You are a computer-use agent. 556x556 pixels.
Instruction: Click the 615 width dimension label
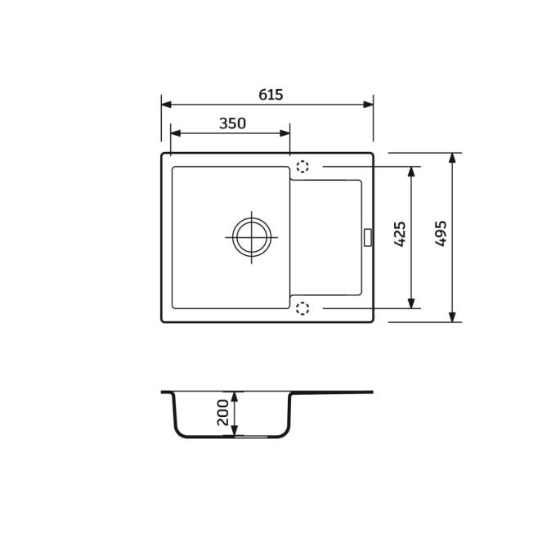(271, 95)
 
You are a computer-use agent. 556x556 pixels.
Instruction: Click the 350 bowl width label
(232, 123)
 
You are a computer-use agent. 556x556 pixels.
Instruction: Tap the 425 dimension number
(400, 234)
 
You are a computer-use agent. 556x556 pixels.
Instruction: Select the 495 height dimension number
(441, 234)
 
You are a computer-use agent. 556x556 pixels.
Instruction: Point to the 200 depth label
(223, 412)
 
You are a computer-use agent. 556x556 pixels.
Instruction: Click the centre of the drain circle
(252, 237)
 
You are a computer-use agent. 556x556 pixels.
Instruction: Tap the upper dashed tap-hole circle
(303, 166)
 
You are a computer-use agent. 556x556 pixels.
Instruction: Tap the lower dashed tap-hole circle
(303, 308)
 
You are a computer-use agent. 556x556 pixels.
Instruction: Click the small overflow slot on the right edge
(368, 237)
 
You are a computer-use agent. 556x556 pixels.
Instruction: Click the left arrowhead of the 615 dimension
(167, 105)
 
